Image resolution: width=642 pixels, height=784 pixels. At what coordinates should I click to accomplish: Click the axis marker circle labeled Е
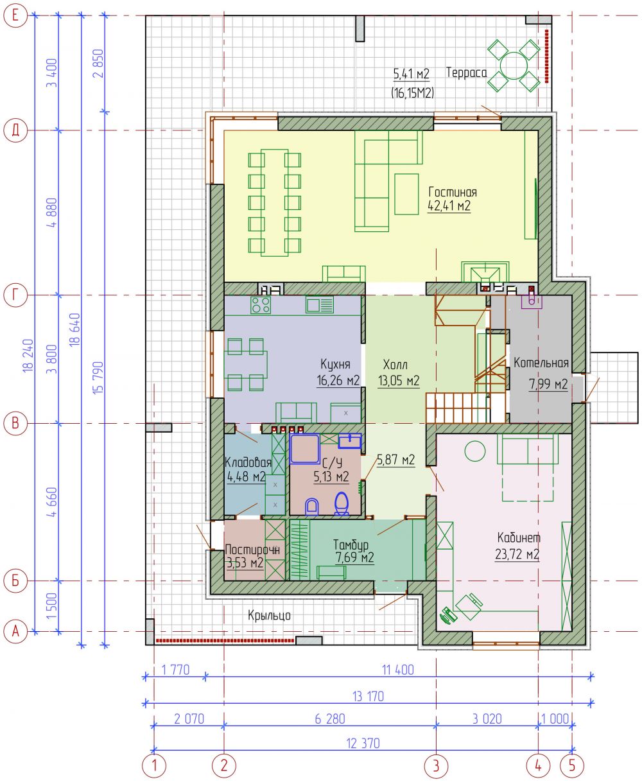(15, 15)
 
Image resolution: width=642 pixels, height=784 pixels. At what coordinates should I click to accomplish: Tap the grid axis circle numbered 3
(436, 766)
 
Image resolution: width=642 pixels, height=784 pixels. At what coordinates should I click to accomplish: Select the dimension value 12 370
(363, 743)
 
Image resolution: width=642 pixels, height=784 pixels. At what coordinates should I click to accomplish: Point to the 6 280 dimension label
(330, 719)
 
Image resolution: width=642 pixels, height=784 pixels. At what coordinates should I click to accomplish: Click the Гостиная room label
(453, 192)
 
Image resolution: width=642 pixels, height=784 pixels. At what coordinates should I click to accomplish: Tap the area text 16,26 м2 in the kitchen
(338, 380)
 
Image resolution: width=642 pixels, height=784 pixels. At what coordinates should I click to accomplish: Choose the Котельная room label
(541, 362)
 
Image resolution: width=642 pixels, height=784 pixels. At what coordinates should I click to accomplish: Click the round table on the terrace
(514, 65)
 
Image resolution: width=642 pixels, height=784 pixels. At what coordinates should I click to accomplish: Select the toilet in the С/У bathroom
(342, 503)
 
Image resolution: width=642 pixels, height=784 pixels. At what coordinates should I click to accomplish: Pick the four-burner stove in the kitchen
(261, 305)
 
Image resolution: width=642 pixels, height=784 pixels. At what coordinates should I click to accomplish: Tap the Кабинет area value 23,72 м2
(517, 554)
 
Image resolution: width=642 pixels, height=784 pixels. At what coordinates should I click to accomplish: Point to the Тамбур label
(351, 544)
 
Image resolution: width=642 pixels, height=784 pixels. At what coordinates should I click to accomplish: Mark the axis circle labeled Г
(15, 295)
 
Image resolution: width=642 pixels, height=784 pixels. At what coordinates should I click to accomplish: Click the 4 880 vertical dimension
(53, 213)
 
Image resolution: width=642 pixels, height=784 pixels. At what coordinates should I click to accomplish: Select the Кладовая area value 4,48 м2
(246, 476)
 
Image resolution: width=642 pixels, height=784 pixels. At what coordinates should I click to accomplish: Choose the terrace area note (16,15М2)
(412, 92)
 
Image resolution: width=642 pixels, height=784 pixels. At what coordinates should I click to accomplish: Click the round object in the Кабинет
(474, 451)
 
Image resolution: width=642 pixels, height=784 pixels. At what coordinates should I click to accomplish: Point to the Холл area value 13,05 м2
(399, 380)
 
